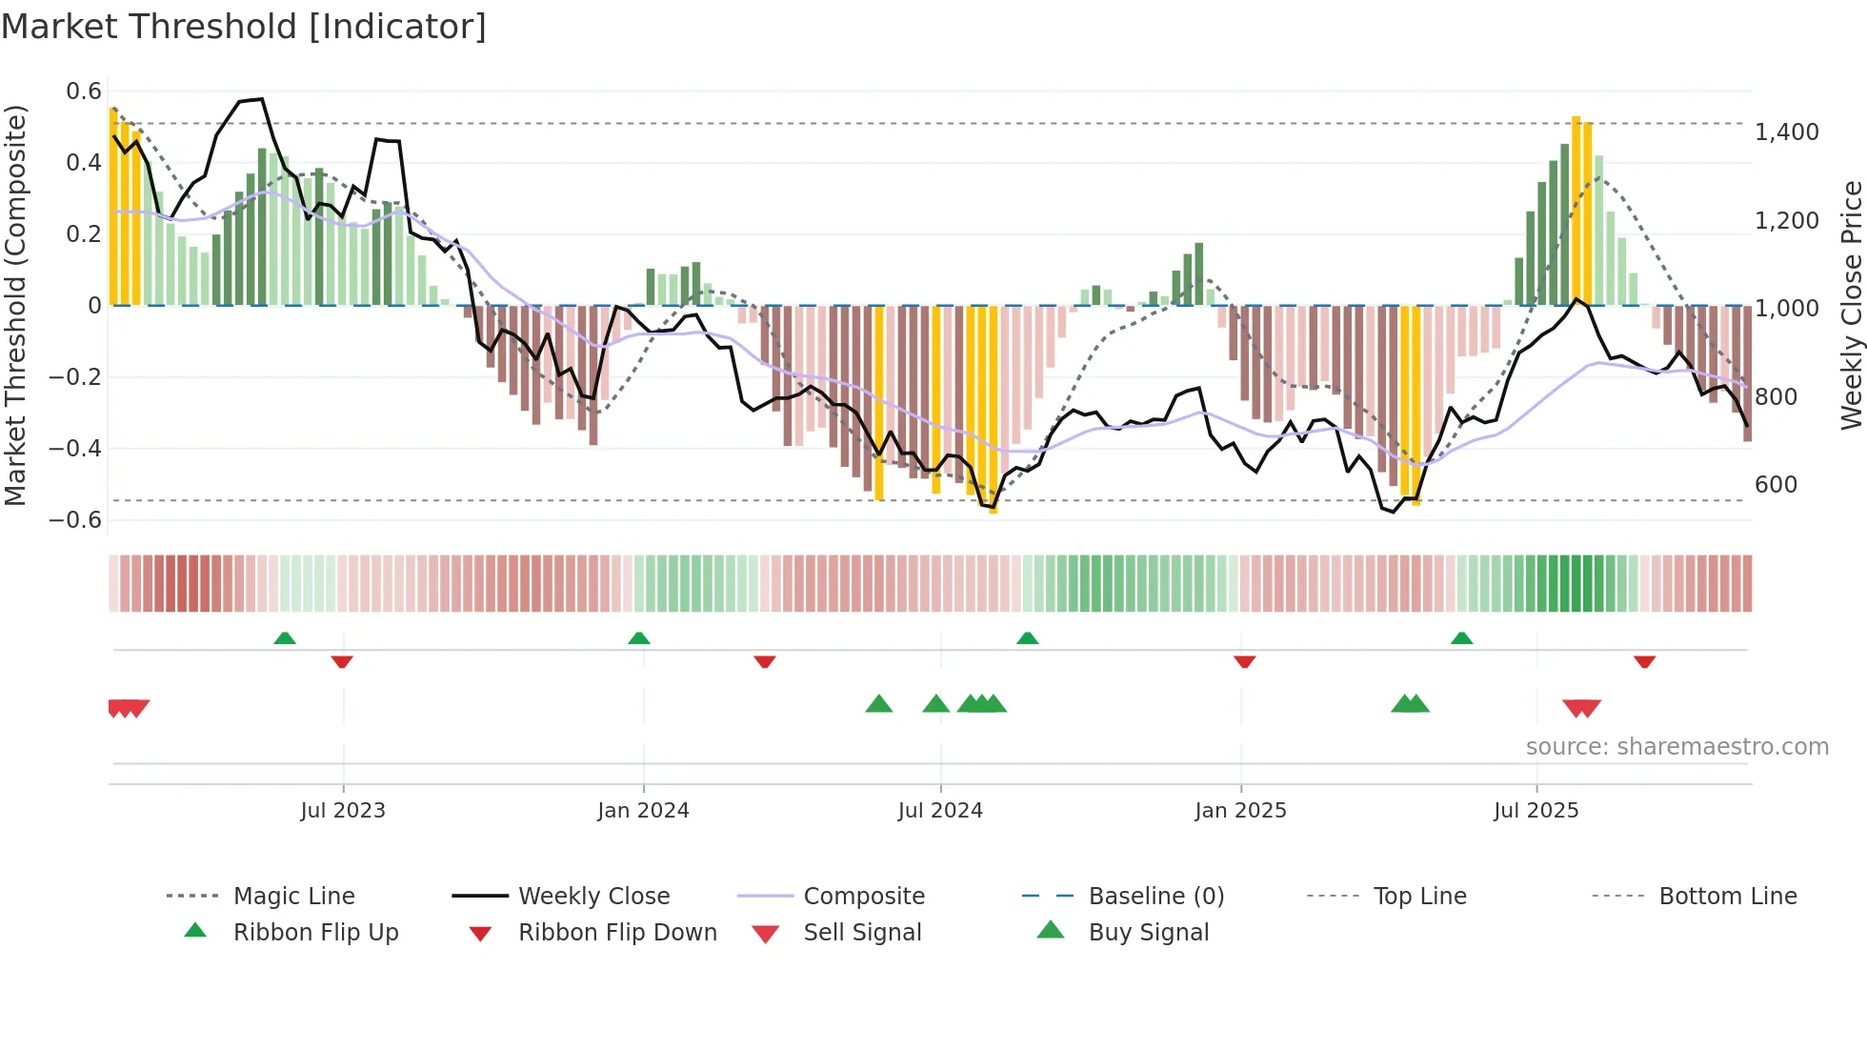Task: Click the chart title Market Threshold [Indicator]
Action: pyautogui.click(x=244, y=27)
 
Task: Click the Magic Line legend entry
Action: pyautogui.click(x=293, y=897)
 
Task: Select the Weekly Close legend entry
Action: pyautogui.click(x=593, y=897)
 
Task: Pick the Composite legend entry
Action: pyautogui.click(x=863, y=897)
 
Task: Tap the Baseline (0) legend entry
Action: pyautogui.click(x=1155, y=897)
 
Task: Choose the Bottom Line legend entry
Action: pyautogui.click(x=1727, y=897)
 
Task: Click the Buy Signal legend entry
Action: pyautogui.click(x=1148, y=933)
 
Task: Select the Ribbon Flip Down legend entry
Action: pyautogui.click(x=616, y=933)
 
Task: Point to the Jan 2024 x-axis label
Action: pyautogui.click(x=643, y=811)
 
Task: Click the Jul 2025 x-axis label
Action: pyautogui.click(x=1536, y=811)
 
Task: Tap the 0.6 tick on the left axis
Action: pyautogui.click(x=84, y=91)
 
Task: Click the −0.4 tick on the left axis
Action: pyautogui.click(x=75, y=448)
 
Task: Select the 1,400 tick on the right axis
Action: pyautogui.click(x=1786, y=132)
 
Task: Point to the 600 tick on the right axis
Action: pyautogui.click(x=1776, y=485)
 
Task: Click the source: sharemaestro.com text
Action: pyautogui.click(x=1676, y=747)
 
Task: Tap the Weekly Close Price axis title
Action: pyautogui.click(x=1851, y=305)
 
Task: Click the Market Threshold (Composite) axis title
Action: pyautogui.click(x=15, y=305)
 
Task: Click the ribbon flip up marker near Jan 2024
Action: pyautogui.click(x=639, y=638)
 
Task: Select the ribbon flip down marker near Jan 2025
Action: pyautogui.click(x=1244, y=661)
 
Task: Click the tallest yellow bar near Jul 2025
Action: pyautogui.click(x=1576, y=210)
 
